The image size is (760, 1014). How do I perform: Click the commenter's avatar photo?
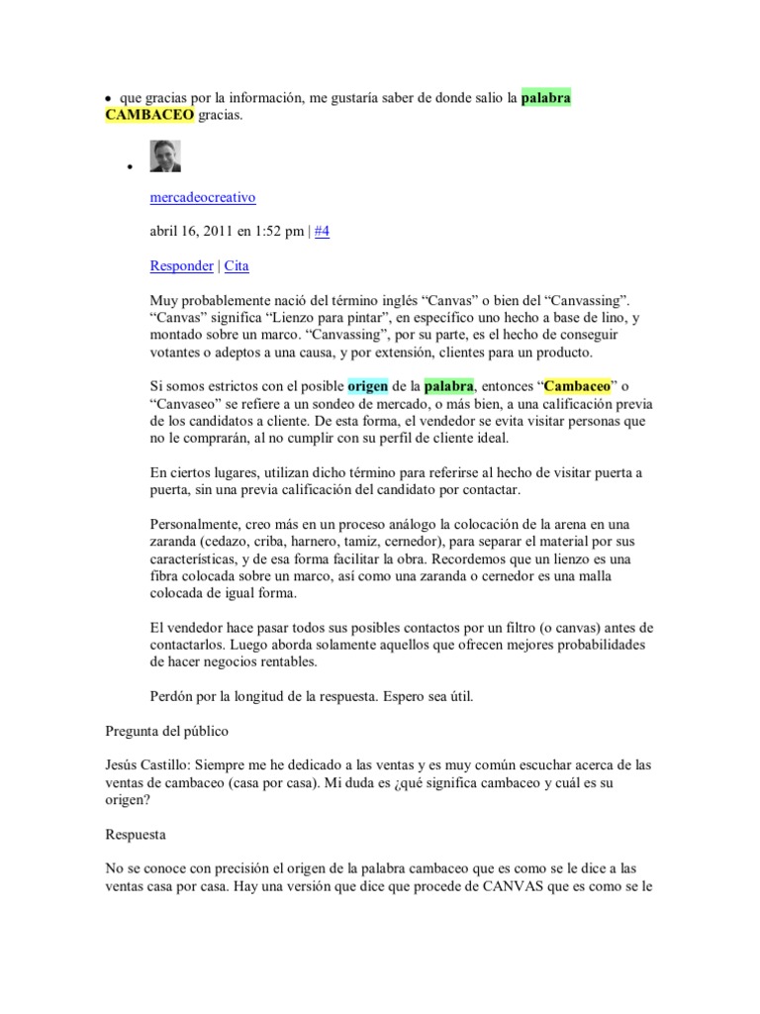165,156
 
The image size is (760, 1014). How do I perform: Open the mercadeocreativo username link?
202,197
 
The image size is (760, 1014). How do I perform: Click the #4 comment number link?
323,232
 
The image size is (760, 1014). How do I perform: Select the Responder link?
181,265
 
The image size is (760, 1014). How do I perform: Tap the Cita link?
237,265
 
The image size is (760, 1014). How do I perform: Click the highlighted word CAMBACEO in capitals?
149,116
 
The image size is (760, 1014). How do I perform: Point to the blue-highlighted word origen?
367,385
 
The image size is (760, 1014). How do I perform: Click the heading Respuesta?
137,834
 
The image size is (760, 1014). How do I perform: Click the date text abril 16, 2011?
192,232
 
